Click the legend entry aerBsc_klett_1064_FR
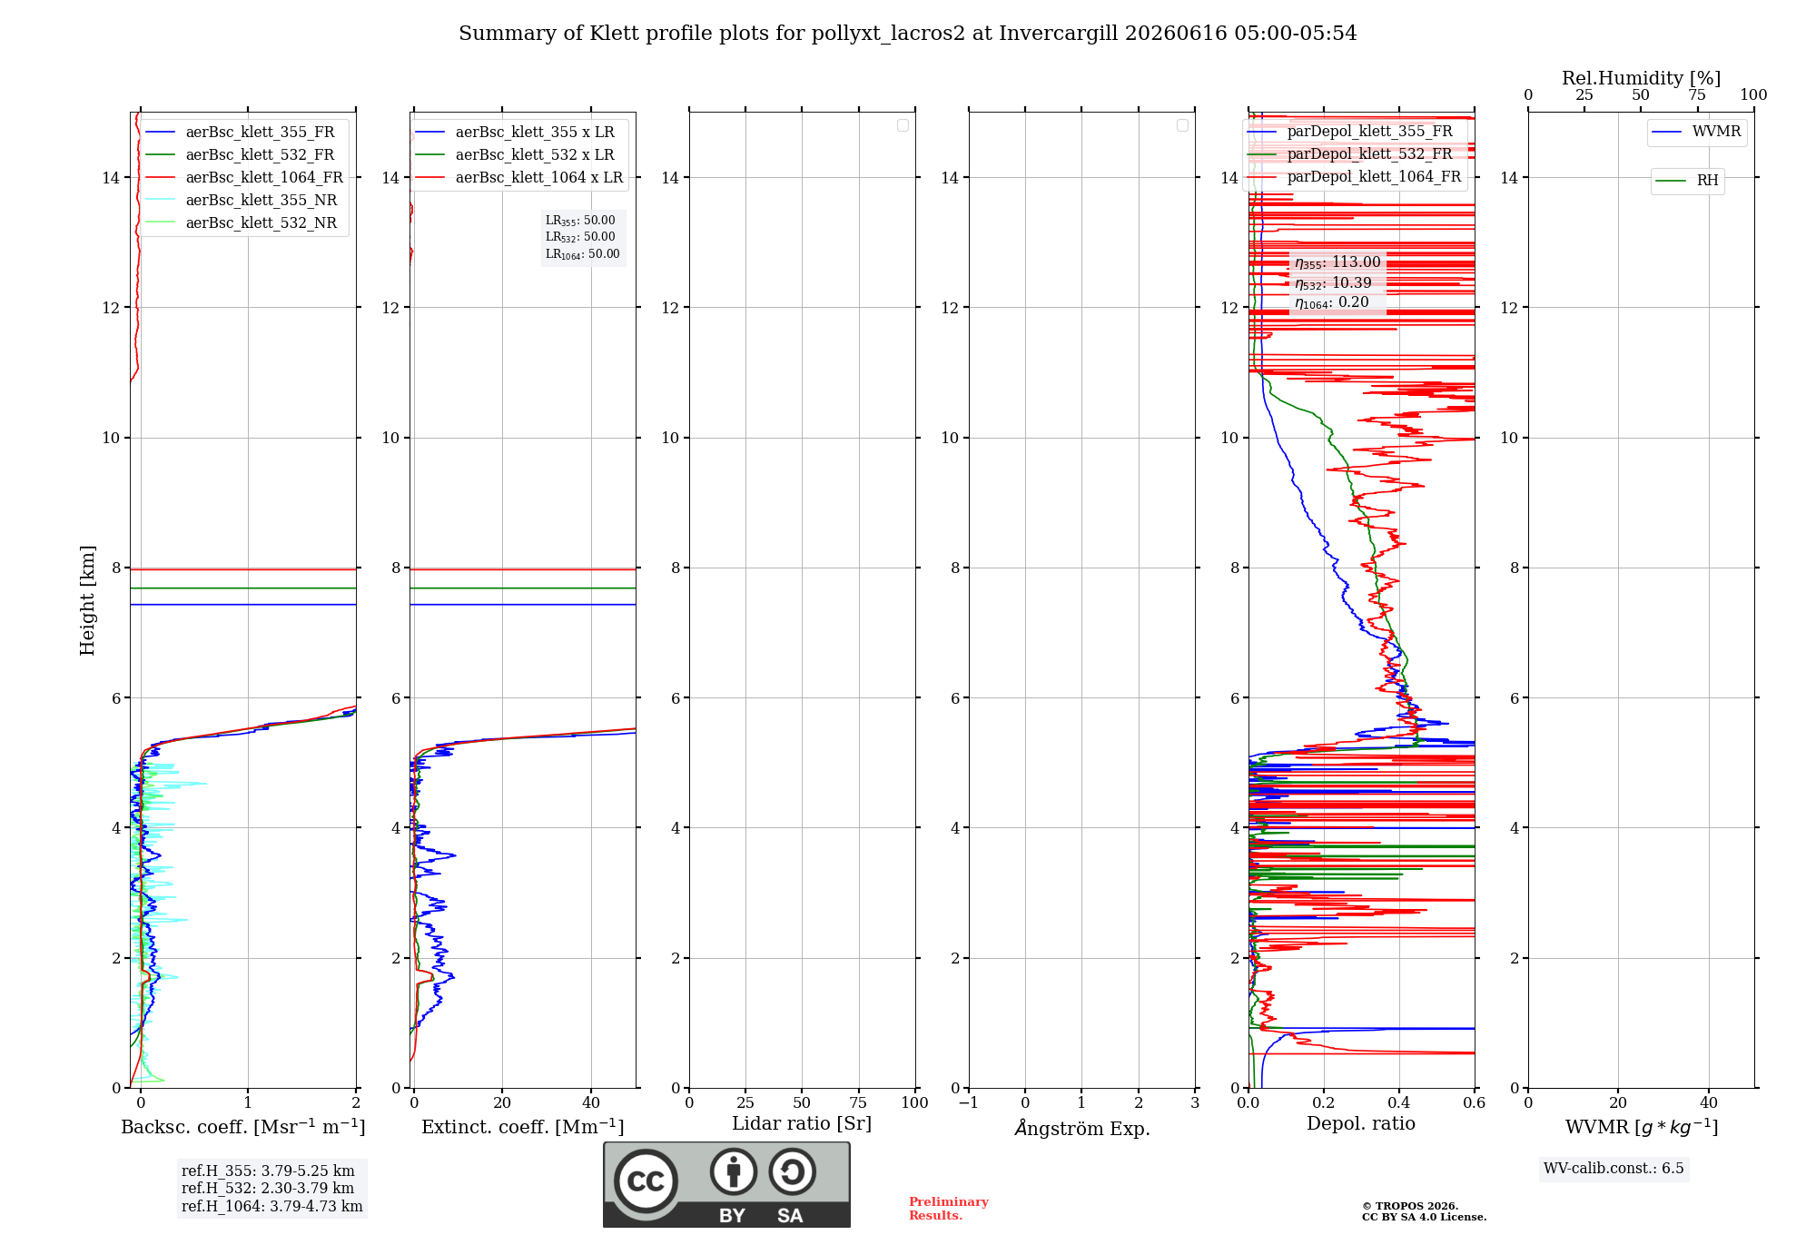[x=244, y=178]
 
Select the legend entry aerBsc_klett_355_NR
[x=242, y=201]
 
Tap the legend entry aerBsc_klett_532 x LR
[x=515, y=155]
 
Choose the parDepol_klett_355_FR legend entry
[x=1350, y=132]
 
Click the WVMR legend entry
[x=1696, y=132]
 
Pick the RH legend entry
[x=1687, y=181]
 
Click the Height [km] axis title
[x=87, y=600]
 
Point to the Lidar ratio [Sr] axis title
[x=802, y=1124]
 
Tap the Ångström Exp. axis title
[x=1082, y=1128]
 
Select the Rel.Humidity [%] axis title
[x=1641, y=78]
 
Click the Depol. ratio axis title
[x=1361, y=1124]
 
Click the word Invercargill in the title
[x=1059, y=34]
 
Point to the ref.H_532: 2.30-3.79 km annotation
[x=268, y=1189]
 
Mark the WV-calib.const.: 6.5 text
[x=1614, y=1169]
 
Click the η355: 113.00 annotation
[x=1337, y=262]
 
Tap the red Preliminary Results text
[x=949, y=1209]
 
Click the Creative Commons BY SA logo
[x=726, y=1185]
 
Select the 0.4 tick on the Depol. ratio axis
[x=1399, y=1103]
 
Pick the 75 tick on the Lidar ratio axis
[x=858, y=1103]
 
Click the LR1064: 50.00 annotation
[x=582, y=254]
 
